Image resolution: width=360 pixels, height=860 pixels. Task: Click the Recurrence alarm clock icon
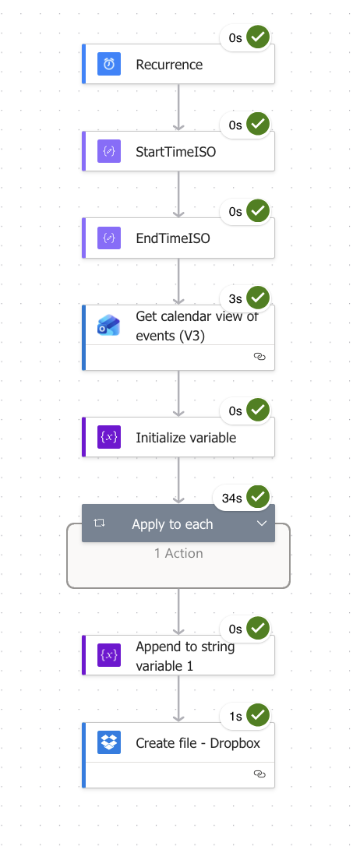tap(109, 64)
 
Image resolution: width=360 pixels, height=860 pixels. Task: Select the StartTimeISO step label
tap(175, 151)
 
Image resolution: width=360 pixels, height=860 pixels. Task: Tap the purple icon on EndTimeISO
tap(109, 238)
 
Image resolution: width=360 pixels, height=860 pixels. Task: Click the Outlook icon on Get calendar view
tap(109, 326)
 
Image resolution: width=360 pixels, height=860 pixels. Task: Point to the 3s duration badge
tap(235, 298)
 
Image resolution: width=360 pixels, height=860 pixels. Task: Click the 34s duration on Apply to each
tap(232, 498)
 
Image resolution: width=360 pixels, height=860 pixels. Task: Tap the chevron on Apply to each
tap(262, 523)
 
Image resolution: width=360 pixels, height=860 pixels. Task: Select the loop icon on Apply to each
tap(99, 523)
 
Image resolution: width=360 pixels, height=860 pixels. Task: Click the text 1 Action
tap(178, 553)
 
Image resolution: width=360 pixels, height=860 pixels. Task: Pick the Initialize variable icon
tap(109, 437)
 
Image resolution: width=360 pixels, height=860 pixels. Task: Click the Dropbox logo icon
tap(109, 742)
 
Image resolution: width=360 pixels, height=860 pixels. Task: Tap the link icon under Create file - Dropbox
tap(260, 774)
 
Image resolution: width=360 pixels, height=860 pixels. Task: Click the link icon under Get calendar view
tap(260, 357)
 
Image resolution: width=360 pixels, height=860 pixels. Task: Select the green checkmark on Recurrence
tap(258, 37)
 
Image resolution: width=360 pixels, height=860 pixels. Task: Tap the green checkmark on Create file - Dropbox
tap(258, 716)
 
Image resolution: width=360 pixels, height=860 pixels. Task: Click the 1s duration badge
tap(235, 717)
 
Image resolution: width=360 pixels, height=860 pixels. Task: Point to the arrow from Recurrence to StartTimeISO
tap(178, 107)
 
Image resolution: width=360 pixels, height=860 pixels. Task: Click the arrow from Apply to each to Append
tap(178, 612)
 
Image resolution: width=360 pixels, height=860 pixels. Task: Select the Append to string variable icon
tap(109, 655)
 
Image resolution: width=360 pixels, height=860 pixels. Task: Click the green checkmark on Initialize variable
tap(258, 411)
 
